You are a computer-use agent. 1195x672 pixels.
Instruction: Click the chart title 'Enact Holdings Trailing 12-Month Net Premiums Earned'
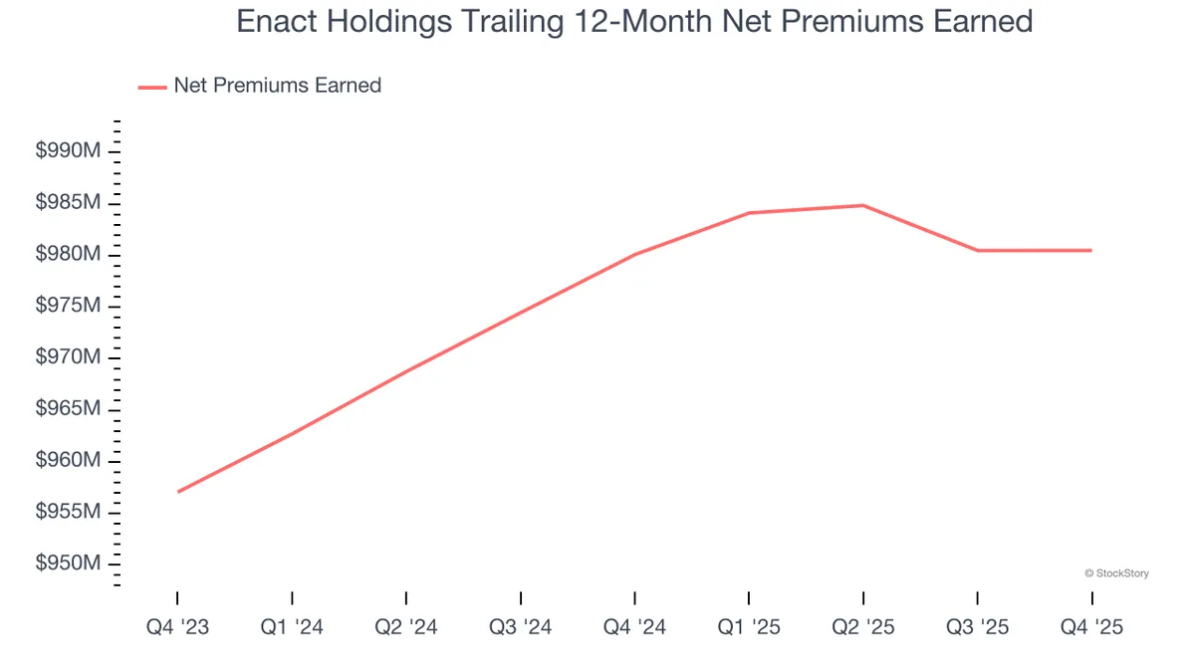click(634, 22)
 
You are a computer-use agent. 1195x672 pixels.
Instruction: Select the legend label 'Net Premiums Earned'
click(277, 86)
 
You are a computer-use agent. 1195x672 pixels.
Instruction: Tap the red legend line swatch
click(152, 88)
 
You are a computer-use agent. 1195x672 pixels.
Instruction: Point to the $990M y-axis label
click(68, 151)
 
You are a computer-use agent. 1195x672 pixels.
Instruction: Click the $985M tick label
click(68, 203)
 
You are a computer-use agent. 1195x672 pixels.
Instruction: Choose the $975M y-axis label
click(68, 306)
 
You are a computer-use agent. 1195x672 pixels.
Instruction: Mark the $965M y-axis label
click(68, 409)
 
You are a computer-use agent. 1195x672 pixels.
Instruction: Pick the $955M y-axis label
click(68, 512)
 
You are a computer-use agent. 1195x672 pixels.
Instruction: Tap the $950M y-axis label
click(68, 563)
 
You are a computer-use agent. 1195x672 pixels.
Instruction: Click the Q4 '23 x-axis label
click(177, 628)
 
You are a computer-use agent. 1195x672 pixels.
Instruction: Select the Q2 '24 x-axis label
click(406, 628)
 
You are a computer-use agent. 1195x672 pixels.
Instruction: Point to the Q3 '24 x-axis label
click(520, 628)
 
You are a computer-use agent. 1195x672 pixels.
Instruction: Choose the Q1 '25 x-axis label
click(749, 628)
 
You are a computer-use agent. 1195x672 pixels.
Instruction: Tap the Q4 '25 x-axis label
click(1091, 628)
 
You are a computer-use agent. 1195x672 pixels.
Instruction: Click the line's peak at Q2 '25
click(862, 205)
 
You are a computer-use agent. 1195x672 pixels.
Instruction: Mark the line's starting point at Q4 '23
click(178, 492)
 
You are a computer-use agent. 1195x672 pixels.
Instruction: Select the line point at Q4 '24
click(634, 254)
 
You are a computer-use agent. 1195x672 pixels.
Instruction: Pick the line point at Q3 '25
click(977, 250)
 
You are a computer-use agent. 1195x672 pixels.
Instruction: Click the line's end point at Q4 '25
click(1091, 250)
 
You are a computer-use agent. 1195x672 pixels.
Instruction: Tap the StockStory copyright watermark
click(1115, 573)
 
